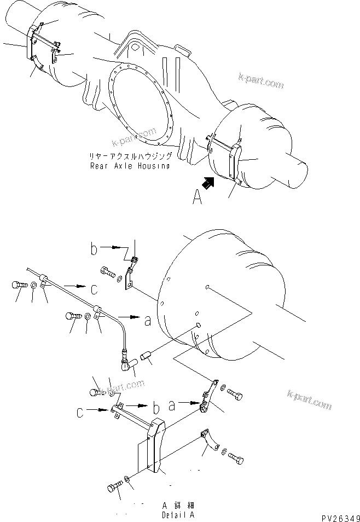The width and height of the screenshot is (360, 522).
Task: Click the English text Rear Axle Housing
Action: pos(130,166)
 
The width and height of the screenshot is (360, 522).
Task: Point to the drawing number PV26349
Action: pos(338,517)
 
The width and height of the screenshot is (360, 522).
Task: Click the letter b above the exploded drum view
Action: pos(95,250)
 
